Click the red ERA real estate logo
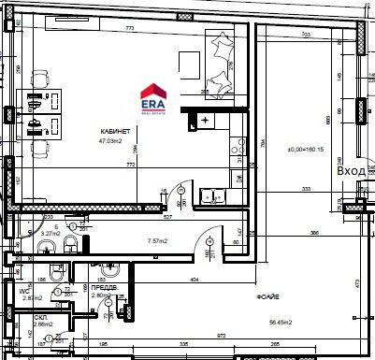(153, 97)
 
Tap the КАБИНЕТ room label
(115, 132)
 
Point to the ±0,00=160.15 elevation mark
(305, 150)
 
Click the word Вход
(352, 171)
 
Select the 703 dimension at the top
(305, 35)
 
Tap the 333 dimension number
(306, 190)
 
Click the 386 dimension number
(315, 232)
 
